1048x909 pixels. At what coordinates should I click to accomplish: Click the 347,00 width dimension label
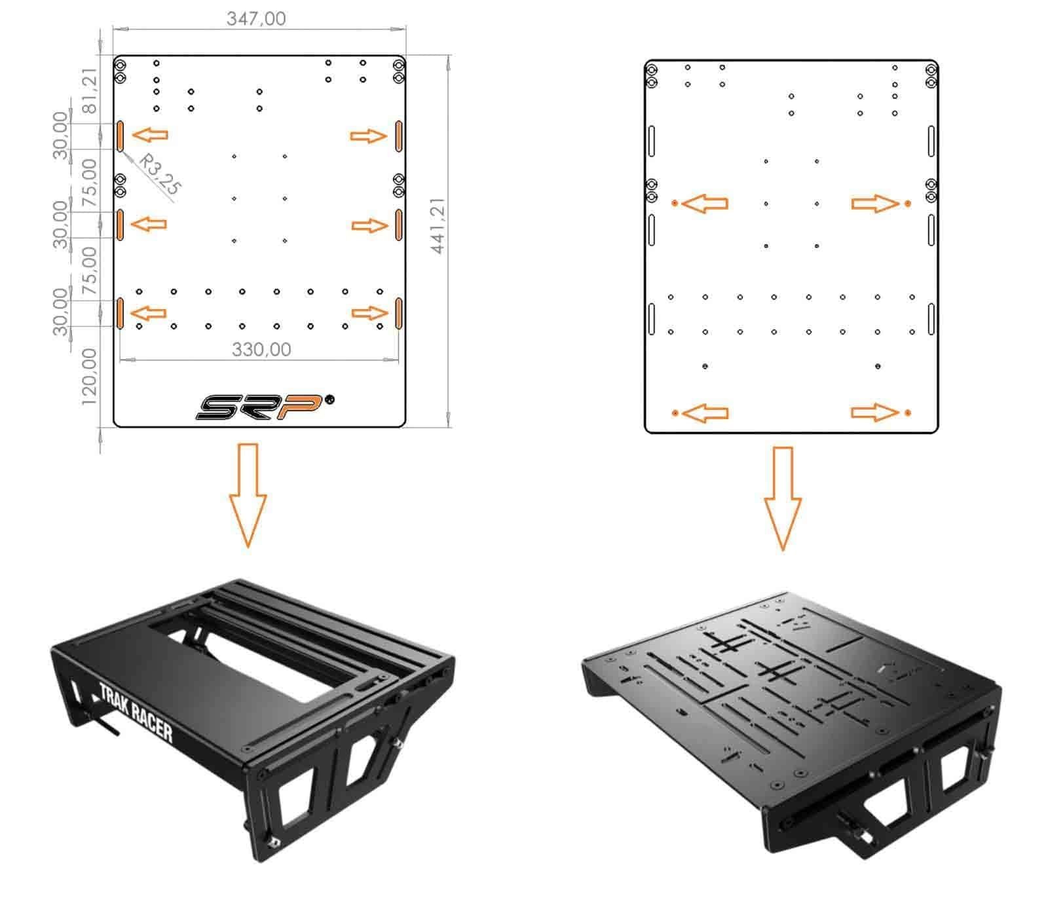coord(256,18)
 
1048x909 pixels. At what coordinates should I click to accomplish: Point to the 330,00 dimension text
coord(261,349)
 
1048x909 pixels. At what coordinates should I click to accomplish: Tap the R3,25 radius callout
coord(160,174)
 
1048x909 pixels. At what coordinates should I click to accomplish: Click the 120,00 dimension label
coord(90,377)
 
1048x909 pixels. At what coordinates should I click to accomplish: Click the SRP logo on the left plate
coord(259,407)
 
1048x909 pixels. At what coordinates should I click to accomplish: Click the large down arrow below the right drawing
coord(782,498)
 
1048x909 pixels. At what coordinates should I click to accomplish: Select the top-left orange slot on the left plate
coord(121,136)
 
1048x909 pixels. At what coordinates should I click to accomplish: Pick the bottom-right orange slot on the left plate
coord(398,313)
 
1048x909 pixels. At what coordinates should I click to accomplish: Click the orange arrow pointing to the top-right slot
coord(369,136)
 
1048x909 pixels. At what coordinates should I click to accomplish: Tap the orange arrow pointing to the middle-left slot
coord(149,224)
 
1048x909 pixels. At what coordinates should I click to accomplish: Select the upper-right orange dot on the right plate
coord(907,204)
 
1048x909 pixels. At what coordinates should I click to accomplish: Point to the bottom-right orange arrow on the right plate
coord(875,413)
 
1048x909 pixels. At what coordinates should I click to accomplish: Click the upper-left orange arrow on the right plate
coord(705,204)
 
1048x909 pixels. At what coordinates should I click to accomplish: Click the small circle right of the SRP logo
coord(329,399)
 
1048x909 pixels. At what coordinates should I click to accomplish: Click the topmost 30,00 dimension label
coord(61,136)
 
